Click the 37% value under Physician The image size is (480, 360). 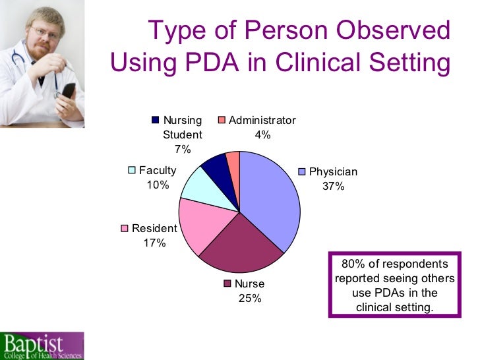(x=333, y=187)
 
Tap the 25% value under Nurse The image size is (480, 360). (x=250, y=298)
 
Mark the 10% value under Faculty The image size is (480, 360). (x=158, y=185)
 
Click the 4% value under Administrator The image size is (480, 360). (x=262, y=135)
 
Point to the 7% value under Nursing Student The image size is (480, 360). (x=182, y=149)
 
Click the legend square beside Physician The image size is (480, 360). (x=303, y=172)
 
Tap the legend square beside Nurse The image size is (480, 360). (x=228, y=284)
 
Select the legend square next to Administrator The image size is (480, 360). (x=222, y=120)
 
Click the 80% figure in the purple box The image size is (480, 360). (x=353, y=264)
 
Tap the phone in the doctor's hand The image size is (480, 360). (x=68, y=91)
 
